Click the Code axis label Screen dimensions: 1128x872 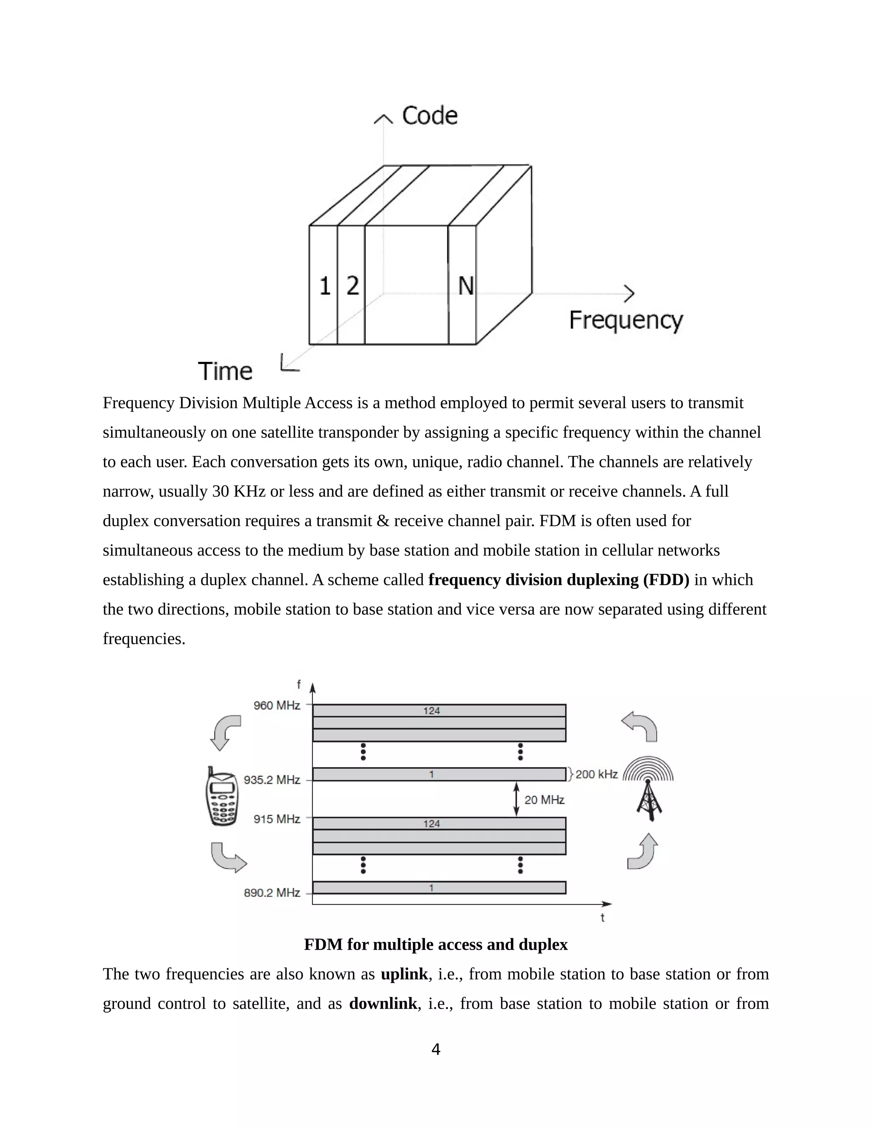point(429,116)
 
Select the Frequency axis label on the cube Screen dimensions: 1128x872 point(625,320)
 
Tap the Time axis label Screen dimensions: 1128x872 point(225,371)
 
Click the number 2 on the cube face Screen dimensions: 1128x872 point(352,286)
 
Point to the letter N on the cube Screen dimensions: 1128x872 point(465,286)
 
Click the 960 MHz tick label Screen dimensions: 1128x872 point(276,705)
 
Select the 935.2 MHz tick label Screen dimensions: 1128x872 point(272,780)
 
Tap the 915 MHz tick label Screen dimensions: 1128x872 point(276,819)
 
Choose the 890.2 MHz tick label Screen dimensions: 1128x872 point(272,893)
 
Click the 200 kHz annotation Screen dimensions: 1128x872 point(596,774)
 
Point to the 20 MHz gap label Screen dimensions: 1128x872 point(544,800)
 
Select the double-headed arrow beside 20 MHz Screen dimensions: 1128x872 point(516,799)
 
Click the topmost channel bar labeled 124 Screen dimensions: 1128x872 point(439,711)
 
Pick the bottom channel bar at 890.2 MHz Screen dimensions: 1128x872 point(439,888)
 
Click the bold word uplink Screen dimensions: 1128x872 point(404,974)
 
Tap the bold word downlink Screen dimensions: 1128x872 point(383,1004)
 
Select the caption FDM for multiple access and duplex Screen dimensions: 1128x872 point(436,945)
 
